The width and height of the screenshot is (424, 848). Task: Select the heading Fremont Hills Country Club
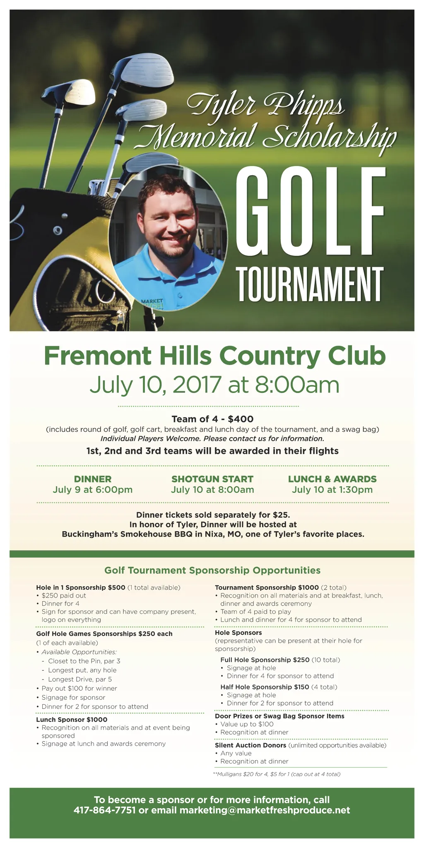tap(214, 356)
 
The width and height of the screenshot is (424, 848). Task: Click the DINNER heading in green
tap(92, 479)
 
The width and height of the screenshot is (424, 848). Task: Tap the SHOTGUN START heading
tap(212, 479)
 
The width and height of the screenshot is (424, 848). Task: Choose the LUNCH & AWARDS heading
tap(332, 479)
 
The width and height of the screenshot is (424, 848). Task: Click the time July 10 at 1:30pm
tap(332, 490)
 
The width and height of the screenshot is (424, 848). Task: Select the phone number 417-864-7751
tap(104, 810)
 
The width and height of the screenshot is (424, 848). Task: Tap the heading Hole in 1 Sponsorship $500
tap(81, 588)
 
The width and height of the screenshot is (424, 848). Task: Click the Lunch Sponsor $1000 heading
tap(72, 720)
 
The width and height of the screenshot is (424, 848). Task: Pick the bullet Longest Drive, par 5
tap(80, 679)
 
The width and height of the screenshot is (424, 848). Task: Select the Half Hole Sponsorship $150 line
tap(265, 687)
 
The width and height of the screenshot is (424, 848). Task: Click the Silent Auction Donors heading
tap(251, 745)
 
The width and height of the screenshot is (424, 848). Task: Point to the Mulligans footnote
tap(276, 774)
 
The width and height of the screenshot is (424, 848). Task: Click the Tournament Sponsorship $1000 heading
tap(267, 588)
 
